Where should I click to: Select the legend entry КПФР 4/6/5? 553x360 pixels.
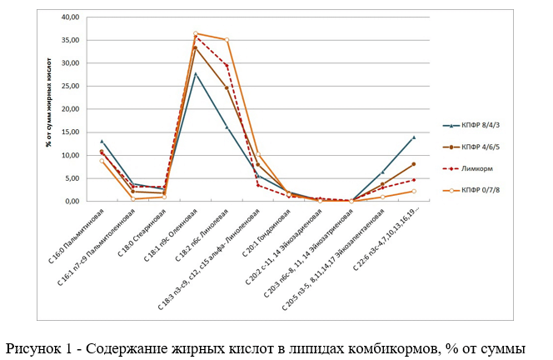(x=477, y=147)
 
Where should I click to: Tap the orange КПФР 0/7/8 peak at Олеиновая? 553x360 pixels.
(x=195, y=33)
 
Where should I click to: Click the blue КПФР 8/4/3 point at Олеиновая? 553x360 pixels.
(x=195, y=73)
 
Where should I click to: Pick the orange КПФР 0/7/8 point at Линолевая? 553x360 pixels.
(x=227, y=39)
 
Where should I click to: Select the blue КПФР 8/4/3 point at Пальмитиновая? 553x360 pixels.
(x=102, y=141)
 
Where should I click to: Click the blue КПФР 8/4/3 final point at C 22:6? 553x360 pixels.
(x=414, y=137)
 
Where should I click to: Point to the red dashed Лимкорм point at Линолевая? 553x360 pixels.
(x=227, y=66)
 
